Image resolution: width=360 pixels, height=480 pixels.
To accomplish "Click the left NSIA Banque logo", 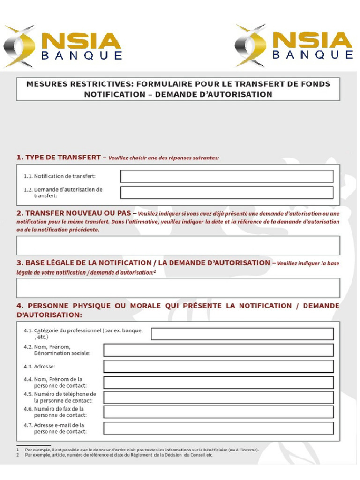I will point(63,46).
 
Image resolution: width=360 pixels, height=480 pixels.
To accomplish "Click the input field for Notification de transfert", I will point(227,176).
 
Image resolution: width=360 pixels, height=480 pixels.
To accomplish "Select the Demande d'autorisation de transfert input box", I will point(227,193).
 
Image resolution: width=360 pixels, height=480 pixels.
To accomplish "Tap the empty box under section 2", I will point(178,245).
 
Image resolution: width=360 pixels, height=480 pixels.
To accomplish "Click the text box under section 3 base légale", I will point(178,288).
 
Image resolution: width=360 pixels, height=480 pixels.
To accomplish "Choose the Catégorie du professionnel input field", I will point(242,334).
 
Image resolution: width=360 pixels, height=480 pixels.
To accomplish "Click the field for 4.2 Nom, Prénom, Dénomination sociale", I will point(218,350).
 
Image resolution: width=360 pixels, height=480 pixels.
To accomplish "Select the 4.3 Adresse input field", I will point(218,366).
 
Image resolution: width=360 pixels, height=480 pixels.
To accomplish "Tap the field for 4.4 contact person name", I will point(218,382).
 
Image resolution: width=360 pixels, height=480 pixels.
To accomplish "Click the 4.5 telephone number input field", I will point(218,397).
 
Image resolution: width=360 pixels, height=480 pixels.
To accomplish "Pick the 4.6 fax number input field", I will point(218,412).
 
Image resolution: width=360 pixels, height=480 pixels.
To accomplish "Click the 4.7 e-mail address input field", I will point(218,428).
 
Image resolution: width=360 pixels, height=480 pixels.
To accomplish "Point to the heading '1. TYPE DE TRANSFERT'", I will point(59,157).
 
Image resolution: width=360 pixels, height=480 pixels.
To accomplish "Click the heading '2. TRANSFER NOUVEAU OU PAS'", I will point(74,213).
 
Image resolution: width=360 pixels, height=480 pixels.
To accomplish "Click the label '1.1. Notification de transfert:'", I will point(60,176).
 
